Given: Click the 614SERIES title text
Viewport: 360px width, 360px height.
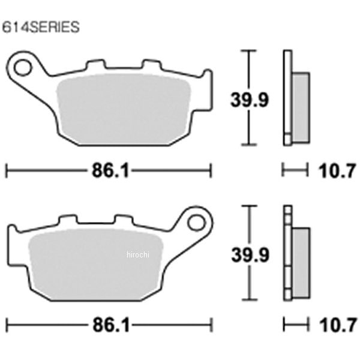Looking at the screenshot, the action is (x=41, y=27).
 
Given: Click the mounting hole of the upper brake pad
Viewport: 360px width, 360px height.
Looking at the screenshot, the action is (x=23, y=67).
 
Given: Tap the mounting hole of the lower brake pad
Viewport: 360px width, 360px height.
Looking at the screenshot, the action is (x=196, y=223).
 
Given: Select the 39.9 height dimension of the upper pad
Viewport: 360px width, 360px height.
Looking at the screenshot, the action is (x=250, y=100).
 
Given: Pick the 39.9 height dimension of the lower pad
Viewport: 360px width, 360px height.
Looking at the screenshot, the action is (x=250, y=255).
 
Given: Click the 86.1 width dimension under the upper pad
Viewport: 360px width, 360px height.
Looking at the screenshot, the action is (x=110, y=170).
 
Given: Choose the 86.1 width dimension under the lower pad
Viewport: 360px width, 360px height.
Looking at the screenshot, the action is (x=111, y=325).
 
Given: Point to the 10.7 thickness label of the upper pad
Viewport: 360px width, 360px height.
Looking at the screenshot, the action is (x=337, y=171).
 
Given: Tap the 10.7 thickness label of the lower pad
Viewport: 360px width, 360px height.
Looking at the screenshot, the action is (x=338, y=325).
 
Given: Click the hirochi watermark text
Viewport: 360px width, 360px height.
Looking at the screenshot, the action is (x=138, y=254).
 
